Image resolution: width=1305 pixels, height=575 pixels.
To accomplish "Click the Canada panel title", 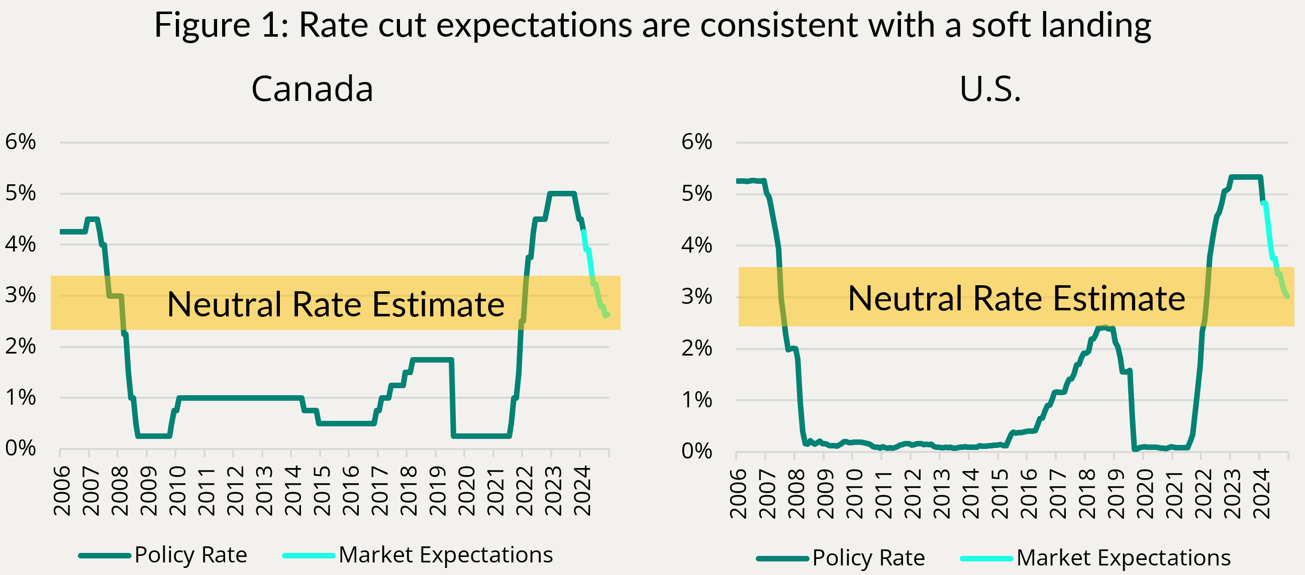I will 312,89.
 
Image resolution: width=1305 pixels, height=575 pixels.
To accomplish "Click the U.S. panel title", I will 990,89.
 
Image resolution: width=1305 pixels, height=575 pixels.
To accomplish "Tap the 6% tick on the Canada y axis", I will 20,142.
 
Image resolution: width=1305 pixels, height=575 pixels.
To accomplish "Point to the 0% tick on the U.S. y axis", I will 696,451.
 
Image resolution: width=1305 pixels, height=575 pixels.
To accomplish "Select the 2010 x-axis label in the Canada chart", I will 177,491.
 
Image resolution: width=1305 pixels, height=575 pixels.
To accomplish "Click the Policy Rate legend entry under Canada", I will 190,555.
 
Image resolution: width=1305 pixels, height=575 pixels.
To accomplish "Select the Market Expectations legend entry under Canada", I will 445,555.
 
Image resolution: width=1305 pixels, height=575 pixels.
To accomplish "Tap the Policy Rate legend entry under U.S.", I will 868,558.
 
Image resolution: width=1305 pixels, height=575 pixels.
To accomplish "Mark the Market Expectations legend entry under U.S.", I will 1123,558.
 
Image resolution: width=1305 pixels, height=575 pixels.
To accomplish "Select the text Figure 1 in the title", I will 221,25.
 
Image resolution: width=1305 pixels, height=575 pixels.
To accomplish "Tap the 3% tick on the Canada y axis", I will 20,295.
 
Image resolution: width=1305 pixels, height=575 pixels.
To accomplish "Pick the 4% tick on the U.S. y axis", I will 696,246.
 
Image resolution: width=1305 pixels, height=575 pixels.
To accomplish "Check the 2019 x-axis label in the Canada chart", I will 437,491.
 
